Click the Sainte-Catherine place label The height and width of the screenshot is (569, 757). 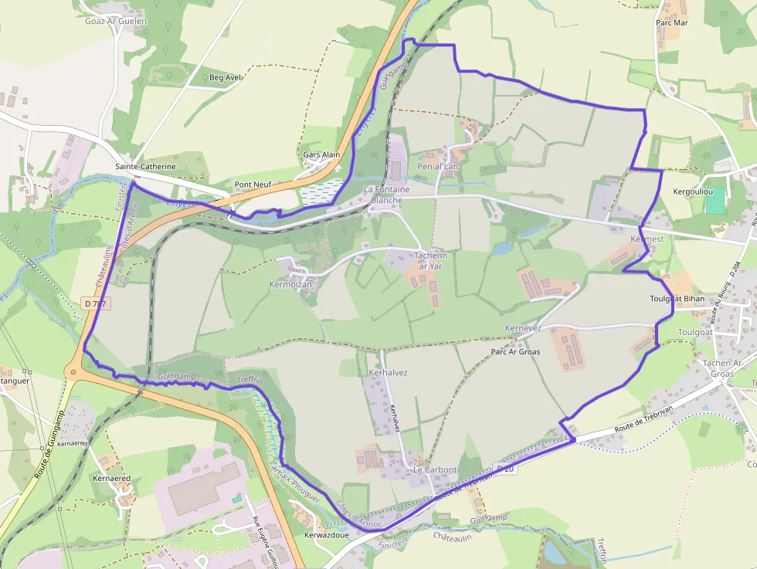[145, 167]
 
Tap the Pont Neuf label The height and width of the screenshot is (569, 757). [253, 185]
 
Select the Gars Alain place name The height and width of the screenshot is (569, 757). [321, 154]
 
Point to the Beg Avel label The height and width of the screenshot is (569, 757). [226, 77]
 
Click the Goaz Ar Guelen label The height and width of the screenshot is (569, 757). [116, 21]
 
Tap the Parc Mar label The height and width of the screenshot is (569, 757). [671, 22]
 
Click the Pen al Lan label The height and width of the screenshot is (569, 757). [438, 166]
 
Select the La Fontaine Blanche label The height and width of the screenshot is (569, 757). [386, 195]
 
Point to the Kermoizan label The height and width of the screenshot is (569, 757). [290, 285]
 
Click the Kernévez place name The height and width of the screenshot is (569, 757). [523, 328]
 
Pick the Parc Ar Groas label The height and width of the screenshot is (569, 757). [515, 351]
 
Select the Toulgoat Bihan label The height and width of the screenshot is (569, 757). [677, 298]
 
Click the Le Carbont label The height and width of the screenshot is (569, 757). [435, 469]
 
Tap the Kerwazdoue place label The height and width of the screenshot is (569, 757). [327, 534]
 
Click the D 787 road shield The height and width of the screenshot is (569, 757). [94, 303]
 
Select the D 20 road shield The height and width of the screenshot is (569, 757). [504, 469]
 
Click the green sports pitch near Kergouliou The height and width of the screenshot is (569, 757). [715, 201]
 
